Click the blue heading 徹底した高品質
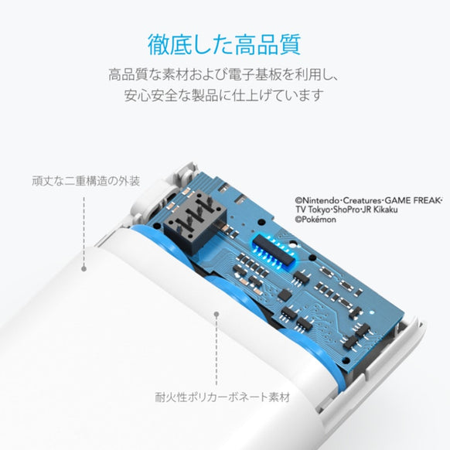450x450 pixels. pos(224,43)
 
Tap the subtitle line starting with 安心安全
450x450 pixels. pos(224,97)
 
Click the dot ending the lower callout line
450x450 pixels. pos(216,315)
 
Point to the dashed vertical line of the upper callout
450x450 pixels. pos(83,232)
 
